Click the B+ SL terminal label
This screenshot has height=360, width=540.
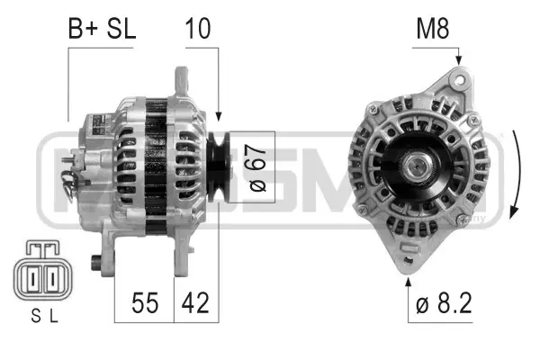(102, 28)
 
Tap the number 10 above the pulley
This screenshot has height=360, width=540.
(199, 28)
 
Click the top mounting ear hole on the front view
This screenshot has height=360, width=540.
(461, 80)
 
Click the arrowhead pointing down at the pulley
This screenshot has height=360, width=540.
(219, 116)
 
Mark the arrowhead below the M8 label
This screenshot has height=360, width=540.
(458, 59)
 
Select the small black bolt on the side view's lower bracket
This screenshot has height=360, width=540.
(96, 264)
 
